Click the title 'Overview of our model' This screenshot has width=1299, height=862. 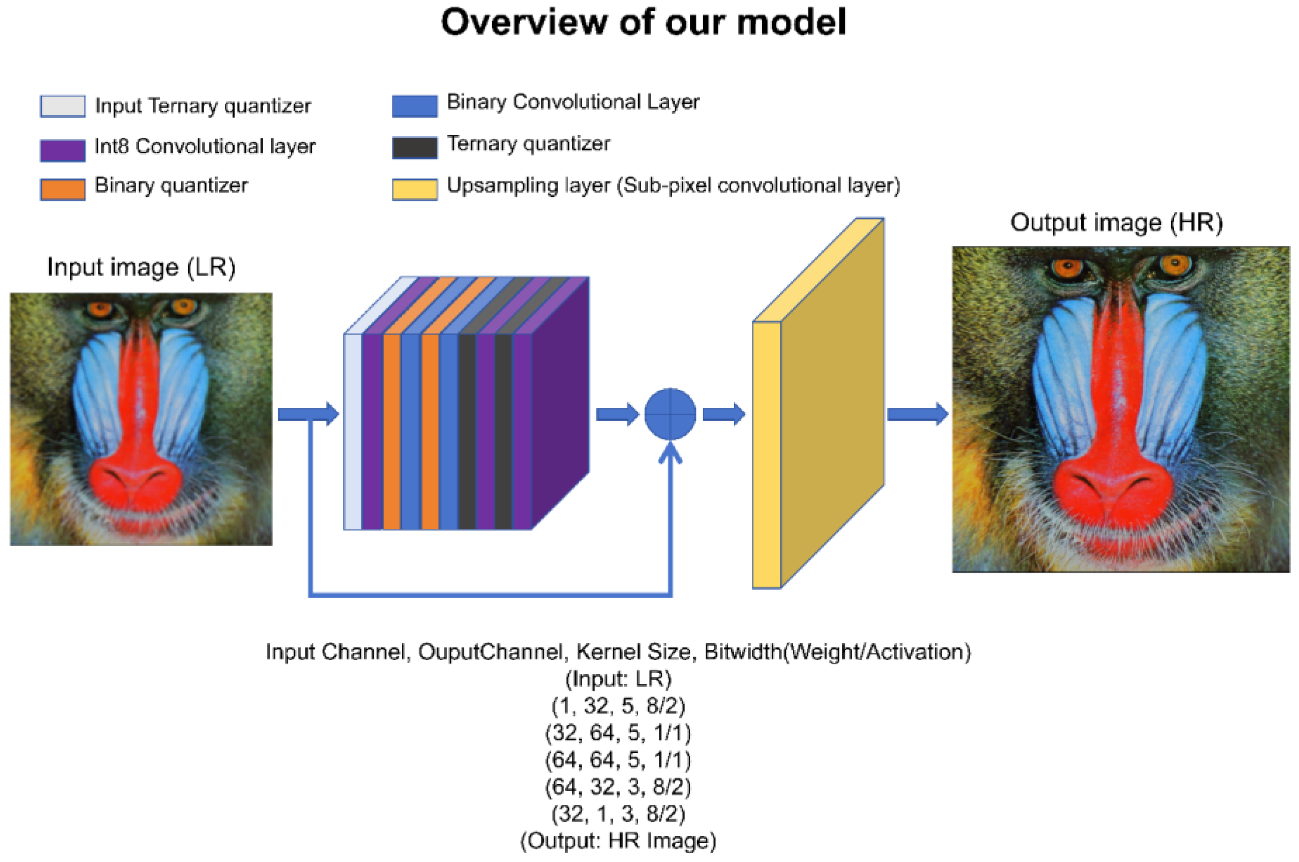[x=643, y=22]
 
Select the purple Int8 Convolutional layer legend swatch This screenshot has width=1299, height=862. [x=63, y=149]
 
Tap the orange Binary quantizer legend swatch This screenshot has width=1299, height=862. [x=63, y=189]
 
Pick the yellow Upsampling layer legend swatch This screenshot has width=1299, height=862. [x=414, y=189]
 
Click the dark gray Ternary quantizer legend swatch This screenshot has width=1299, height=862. [x=414, y=147]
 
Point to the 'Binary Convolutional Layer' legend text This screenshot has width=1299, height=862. [x=573, y=102]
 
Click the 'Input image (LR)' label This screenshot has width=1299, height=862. [x=141, y=267]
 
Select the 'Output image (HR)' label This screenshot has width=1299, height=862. [x=1116, y=223]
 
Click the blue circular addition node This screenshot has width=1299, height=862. [x=670, y=414]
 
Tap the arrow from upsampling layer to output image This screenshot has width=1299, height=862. [x=916, y=414]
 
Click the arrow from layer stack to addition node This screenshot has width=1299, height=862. [x=617, y=414]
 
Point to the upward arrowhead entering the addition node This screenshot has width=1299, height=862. [x=670, y=452]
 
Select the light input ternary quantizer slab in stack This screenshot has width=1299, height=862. [x=352, y=431]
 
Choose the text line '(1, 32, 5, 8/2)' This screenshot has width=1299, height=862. [x=618, y=706]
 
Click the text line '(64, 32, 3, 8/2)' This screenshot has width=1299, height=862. [x=618, y=787]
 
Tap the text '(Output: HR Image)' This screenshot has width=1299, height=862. [x=618, y=840]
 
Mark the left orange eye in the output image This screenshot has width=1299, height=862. [x=1068, y=268]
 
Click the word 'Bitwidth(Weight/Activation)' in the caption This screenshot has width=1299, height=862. [x=837, y=652]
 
